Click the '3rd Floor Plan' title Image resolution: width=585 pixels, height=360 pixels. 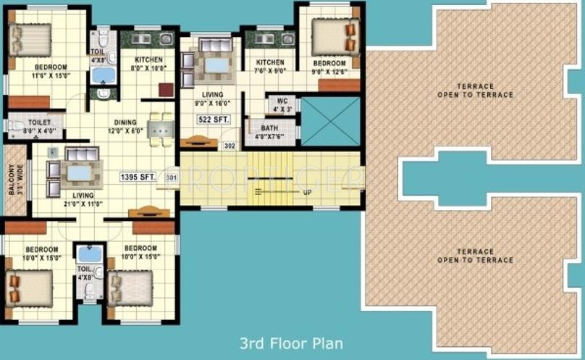coord(291,343)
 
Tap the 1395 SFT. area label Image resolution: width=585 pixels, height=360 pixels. coord(139,176)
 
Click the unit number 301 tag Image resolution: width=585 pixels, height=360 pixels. coord(172,177)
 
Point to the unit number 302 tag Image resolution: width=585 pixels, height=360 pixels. coord(230,146)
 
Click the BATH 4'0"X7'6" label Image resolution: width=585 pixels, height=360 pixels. coord(269,132)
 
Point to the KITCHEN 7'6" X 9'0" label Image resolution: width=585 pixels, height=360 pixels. coord(269,67)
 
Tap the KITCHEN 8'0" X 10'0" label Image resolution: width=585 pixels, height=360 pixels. coord(143,64)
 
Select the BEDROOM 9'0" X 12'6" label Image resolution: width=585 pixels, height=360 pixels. coord(334,67)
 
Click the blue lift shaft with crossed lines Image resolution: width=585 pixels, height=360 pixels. coord(330,122)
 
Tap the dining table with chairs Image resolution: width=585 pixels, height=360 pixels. coord(160,128)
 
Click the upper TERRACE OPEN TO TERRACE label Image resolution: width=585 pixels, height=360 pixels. coord(475,90)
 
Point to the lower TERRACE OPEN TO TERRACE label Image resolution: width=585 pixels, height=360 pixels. coord(475,256)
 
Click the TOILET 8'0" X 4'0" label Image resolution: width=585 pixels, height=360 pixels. coord(38,126)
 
